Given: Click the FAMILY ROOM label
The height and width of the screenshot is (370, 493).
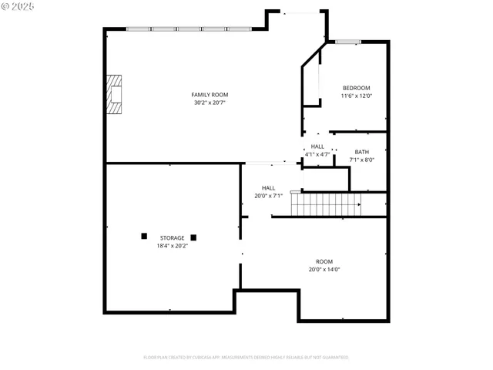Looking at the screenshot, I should point(210,95).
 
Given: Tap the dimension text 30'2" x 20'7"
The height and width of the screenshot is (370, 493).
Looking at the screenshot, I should point(210,103).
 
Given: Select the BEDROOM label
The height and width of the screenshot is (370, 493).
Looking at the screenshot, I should point(357,88).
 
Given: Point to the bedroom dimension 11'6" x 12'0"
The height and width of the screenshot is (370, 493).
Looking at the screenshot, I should point(357,96).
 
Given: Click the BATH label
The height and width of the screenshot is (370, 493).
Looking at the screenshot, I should point(361,152).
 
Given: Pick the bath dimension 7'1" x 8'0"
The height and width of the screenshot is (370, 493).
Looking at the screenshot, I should point(361,160).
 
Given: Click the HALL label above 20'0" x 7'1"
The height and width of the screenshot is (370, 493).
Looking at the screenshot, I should point(268,187).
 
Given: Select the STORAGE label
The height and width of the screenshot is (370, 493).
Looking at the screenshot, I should point(172,238).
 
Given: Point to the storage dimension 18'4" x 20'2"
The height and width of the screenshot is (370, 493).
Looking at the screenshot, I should point(172,246).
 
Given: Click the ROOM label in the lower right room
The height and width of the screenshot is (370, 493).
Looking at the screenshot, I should point(324,261).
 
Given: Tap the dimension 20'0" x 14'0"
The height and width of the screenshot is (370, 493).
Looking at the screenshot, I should point(324,269).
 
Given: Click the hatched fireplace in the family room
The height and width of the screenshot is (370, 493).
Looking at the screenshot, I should point(114,95).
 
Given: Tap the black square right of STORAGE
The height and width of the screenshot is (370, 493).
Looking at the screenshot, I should point(194,237).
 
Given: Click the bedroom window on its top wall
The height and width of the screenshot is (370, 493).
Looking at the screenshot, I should point(346,42).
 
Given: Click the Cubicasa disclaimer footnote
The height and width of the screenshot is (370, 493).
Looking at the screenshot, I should point(246,358).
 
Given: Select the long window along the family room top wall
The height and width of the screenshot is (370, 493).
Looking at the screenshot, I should point(189,29).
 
